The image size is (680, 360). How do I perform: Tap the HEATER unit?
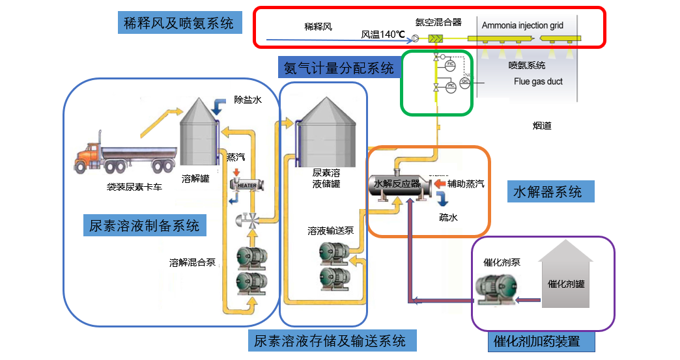click(x=247, y=185)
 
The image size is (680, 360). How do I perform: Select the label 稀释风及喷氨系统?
click(x=178, y=24)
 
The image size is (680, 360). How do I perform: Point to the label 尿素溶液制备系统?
click(x=145, y=226)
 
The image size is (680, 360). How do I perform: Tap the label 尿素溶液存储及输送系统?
click(x=330, y=340)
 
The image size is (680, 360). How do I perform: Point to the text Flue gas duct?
click(x=538, y=81)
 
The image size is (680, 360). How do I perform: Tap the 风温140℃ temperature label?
click(x=384, y=35)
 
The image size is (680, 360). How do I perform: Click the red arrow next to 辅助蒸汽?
click(x=439, y=184)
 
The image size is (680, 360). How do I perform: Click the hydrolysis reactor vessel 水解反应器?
click(x=397, y=184)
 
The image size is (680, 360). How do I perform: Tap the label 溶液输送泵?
click(x=331, y=231)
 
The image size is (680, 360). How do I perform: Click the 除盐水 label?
click(x=247, y=100)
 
